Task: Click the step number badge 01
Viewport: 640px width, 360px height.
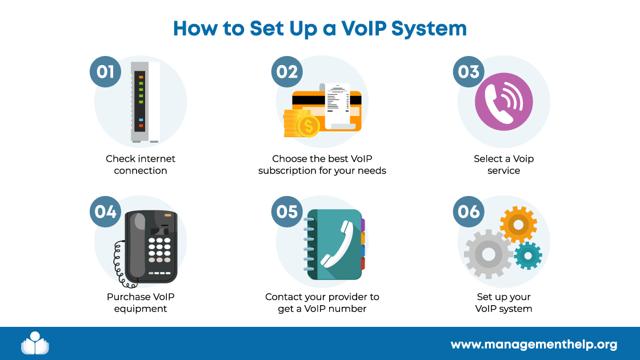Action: pyautogui.click(x=106, y=72)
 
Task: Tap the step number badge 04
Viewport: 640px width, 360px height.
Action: pyautogui.click(x=106, y=212)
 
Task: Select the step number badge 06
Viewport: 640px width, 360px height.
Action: pyautogui.click(x=469, y=212)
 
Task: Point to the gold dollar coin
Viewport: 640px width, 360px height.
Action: pyautogui.click(x=309, y=127)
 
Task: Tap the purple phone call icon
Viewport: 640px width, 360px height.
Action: pyautogui.click(x=503, y=101)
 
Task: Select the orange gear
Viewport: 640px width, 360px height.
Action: pyautogui.click(x=518, y=225)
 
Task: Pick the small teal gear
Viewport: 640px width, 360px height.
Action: pyautogui.click(x=527, y=255)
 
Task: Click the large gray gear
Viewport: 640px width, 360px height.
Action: pyautogui.click(x=489, y=251)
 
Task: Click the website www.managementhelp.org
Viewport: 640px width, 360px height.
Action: pyautogui.click(x=534, y=345)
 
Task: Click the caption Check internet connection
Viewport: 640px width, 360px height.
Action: pyautogui.click(x=141, y=165)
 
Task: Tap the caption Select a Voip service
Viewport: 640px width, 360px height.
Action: pyautogui.click(x=503, y=165)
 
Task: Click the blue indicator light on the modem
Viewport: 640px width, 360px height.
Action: pyautogui.click(x=141, y=120)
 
